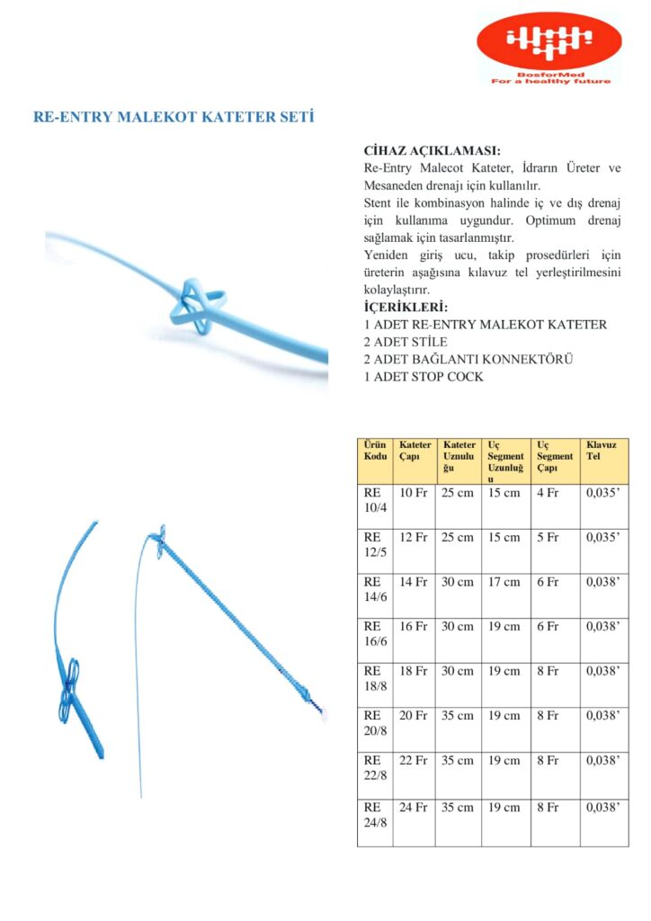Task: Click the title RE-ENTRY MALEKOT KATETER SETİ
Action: pyautogui.click(x=174, y=117)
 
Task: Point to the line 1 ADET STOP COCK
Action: pyautogui.click(x=424, y=376)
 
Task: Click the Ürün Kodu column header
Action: pyautogui.click(x=374, y=451)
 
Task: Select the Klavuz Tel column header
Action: pyautogui.click(x=600, y=451)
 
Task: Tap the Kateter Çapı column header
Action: pyautogui.click(x=415, y=451)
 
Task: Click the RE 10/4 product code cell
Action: pyautogui.click(x=374, y=500)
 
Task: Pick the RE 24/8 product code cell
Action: pyautogui.click(x=374, y=815)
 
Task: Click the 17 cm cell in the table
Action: pyautogui.click(x=504, y=582)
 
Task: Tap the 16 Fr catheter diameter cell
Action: pyautogui.click(x=414, y=627)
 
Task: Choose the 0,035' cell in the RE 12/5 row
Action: pyautogui.click(x=603, y=538)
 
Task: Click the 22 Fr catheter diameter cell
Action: pyautogui.click(x=414, y=761)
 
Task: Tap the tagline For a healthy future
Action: pyautogui.click(x=549, y=81)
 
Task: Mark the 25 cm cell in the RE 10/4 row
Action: pyautogui.click(x=458, y=493)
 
